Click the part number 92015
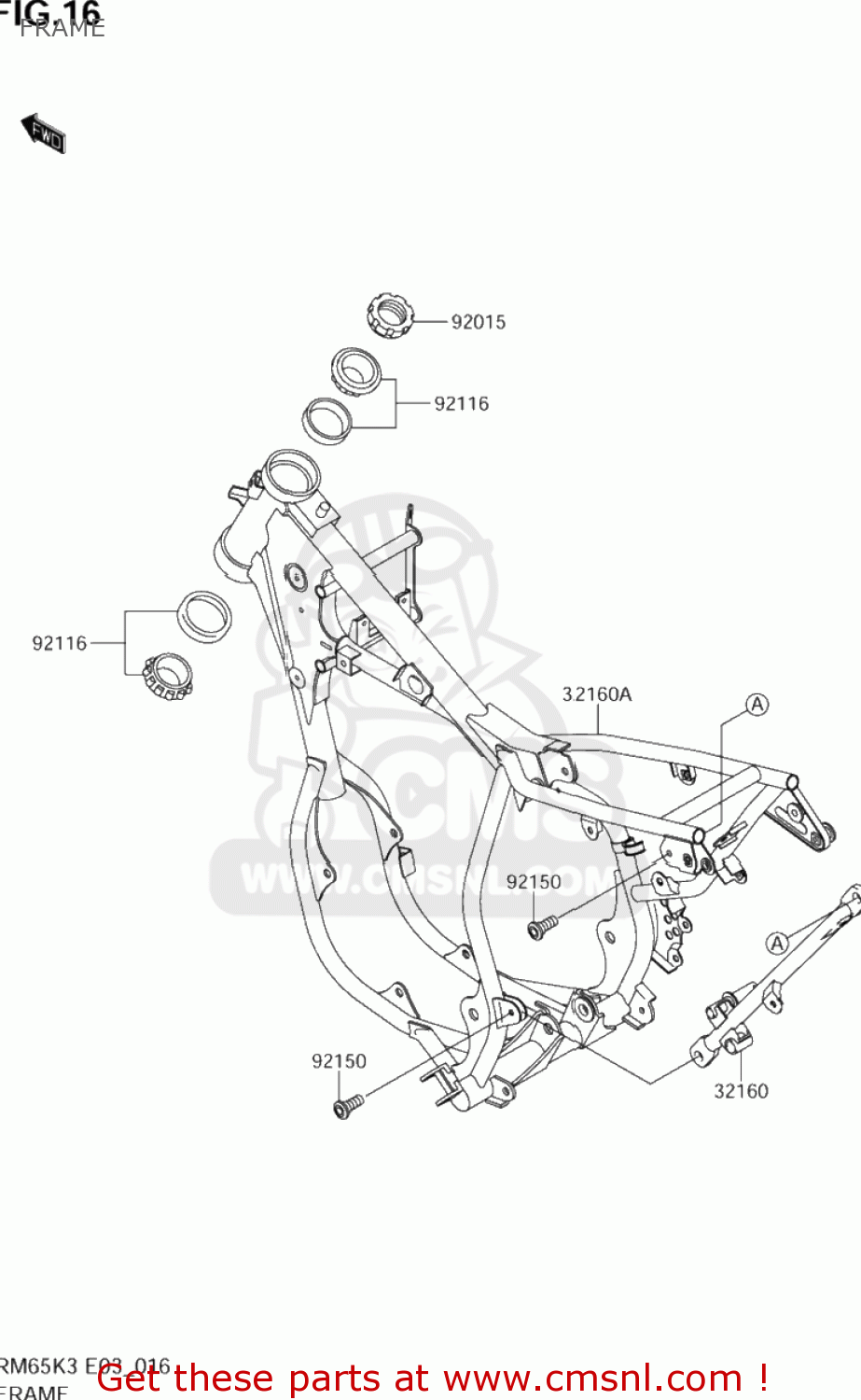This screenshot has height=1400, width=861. point(478,322)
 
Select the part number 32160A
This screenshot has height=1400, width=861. point(596,694)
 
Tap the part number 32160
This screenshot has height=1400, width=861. point(741,1091)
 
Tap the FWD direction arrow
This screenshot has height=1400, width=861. point(44,133)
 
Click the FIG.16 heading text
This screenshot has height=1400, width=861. point(51,11)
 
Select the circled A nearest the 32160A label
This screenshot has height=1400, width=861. point(757,705)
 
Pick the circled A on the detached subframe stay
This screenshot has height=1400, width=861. point(777,944)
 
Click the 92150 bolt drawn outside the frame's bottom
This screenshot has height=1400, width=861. point(346,1106)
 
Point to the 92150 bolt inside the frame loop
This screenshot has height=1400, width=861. point(540,927)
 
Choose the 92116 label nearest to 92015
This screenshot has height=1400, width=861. point(461,404)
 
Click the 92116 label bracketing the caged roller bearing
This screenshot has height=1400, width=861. point(60,643)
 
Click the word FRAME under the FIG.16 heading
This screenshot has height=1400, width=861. point(62,29)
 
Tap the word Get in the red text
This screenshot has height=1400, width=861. point(130,1379)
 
